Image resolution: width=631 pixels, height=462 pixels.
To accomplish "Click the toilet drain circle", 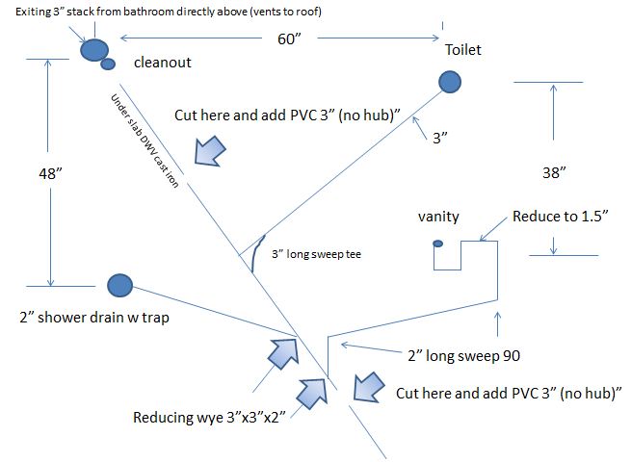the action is pos(450,82).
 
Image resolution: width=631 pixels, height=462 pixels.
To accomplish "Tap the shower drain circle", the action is pos(119,286).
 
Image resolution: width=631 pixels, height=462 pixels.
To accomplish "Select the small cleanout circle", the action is pos(108,64).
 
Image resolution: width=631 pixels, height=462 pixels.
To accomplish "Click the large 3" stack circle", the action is pos(94,50).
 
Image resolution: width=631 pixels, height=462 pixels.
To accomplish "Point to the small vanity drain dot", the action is pos(437,244).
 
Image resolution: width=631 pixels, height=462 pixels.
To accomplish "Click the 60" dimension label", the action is pos(289,39).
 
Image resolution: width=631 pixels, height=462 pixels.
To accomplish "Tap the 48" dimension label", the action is pos(50,173).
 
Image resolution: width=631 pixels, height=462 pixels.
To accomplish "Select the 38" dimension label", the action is pos(554,173).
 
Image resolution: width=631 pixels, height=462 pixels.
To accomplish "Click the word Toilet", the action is pos(463,50).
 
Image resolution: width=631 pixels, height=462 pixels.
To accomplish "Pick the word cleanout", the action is pos(163,63).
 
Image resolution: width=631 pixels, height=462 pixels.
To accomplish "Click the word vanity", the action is pos(438,217).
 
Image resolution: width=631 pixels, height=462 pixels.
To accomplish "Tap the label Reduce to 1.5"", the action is pos(560,217).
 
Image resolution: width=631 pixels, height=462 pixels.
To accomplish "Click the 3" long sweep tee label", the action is pos(316,254).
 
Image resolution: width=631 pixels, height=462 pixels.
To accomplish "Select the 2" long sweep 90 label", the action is pos(464,356).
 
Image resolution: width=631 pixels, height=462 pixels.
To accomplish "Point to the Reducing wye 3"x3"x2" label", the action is pos(209,418).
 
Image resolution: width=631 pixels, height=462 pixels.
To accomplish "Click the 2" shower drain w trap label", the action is pos(94,318).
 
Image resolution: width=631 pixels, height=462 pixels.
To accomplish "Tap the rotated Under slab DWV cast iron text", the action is pos(145,141).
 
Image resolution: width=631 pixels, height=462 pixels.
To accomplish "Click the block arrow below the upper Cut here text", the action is pos(210,151).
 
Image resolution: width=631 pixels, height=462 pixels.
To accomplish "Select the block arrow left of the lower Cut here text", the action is pos(369,387).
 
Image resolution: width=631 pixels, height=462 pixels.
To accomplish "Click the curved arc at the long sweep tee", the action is pos(256,253).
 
